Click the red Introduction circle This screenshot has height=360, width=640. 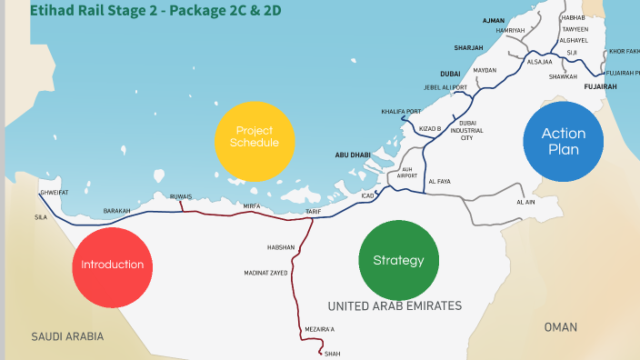click(112, 265)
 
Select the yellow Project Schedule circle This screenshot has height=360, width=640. click(255, 137)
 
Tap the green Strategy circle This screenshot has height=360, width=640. click(398, 260)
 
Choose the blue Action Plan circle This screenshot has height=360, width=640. click(563, 141)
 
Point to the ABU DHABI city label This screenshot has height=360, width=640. click(354, 155)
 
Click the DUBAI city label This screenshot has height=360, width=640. click(450, 74)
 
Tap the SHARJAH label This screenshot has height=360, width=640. click(468, 47)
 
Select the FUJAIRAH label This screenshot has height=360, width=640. click(600, 87)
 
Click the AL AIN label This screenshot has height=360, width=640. click(525, 202)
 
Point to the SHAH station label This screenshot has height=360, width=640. click(331, 354)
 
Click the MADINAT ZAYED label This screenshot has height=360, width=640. click(266, 273)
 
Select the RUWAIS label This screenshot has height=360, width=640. click(181, 196)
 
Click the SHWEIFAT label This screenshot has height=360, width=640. click(54, 193)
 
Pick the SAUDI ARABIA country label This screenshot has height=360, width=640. click(67, 336)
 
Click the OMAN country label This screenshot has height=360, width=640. click(560, 327)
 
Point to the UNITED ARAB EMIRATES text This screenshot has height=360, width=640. click(395, 306)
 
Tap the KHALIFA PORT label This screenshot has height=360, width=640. click(401, 112)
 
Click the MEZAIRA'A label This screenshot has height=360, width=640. click(319, 329)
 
